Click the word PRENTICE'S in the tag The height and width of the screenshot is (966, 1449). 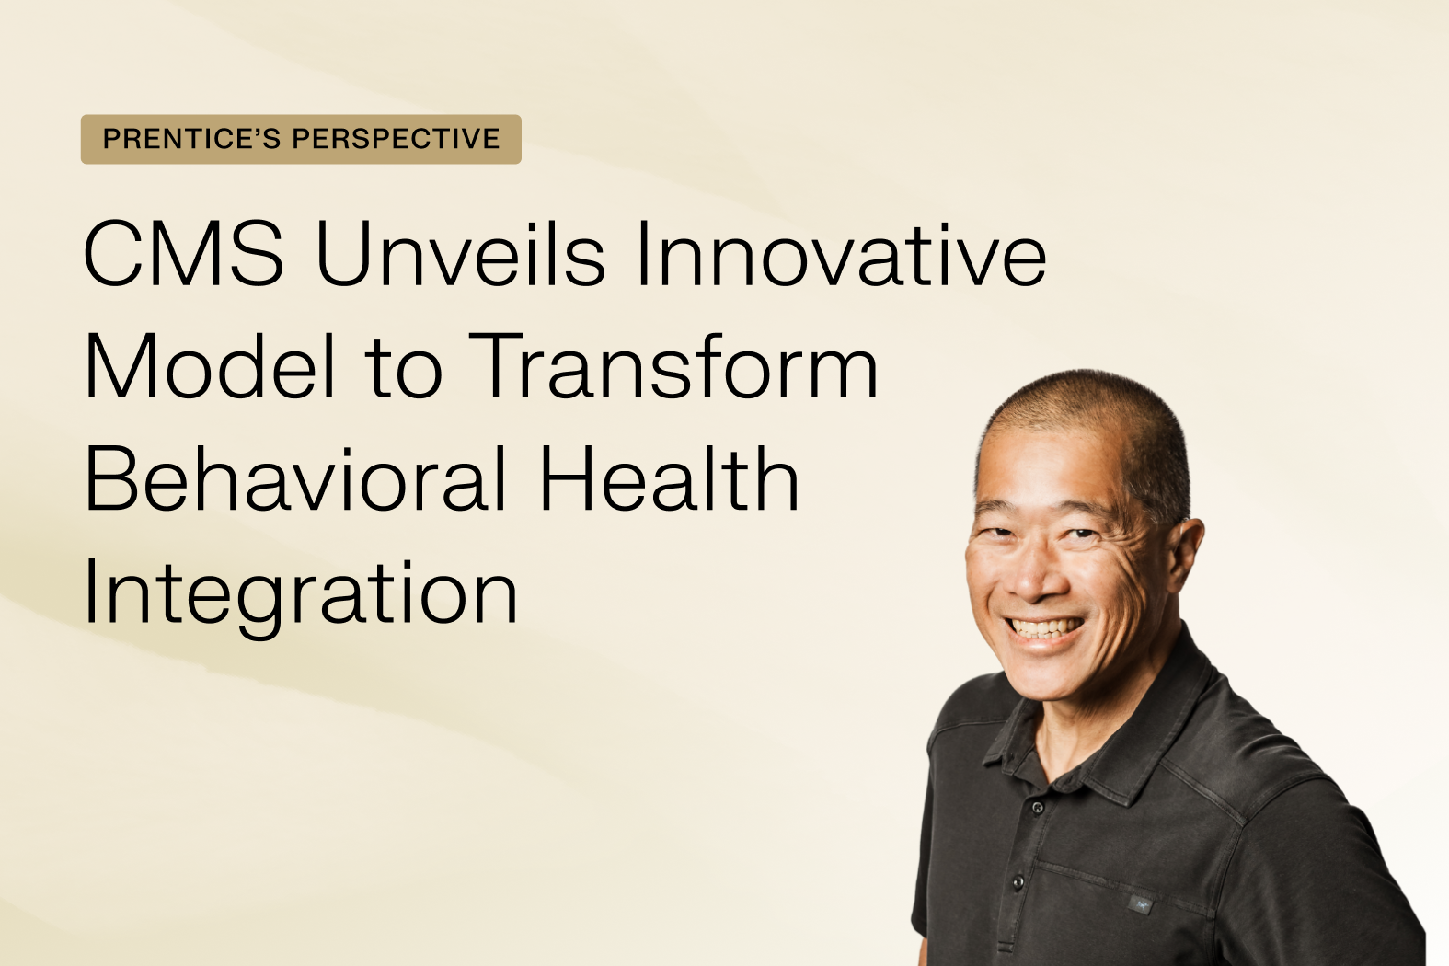point(191,139)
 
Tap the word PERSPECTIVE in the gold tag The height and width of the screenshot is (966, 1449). point(396,139)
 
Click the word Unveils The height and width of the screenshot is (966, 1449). point(460,254)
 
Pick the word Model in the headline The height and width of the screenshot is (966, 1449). point(210,367)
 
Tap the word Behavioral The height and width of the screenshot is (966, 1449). point(294,479)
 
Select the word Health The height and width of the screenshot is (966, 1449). point(669,479)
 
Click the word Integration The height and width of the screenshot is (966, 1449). point(300,593)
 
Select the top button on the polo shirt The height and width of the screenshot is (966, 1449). point(1038,807)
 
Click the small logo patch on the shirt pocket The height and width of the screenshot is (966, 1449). point(1141,905)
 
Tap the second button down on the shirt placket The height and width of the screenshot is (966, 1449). point(1018,882)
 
